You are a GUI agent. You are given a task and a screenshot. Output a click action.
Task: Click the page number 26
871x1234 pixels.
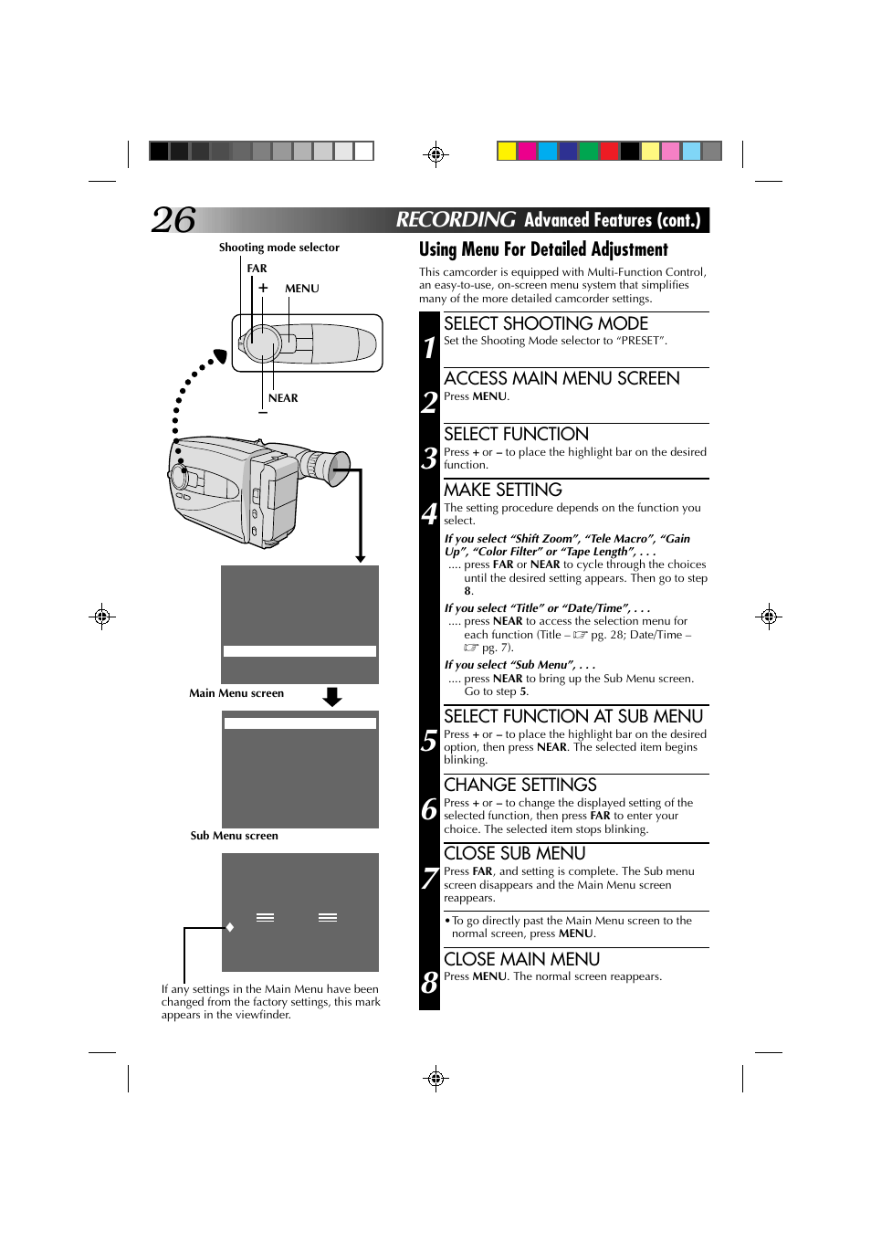coord(173,220)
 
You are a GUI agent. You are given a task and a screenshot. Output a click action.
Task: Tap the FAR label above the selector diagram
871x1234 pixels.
coord(257,269)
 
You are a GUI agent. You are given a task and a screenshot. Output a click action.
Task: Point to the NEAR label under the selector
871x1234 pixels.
coord(283,398)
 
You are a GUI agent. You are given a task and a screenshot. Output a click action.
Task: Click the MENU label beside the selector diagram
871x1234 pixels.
coord(302,289)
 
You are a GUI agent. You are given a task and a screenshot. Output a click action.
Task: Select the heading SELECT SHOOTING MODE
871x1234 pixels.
coord(545,323)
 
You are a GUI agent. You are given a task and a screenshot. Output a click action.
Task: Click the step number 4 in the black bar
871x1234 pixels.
coord(429,514)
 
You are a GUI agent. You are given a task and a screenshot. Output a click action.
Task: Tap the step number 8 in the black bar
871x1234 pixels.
coord(429,983)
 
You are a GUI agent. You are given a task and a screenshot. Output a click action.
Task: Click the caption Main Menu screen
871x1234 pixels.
coord(236,693)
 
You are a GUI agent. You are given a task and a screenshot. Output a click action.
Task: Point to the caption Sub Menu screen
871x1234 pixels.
coord(234,836)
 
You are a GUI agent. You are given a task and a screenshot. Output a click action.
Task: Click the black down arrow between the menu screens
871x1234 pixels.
coord(332,697)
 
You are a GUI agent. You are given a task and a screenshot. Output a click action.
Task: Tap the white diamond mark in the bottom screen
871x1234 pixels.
coord(230,927)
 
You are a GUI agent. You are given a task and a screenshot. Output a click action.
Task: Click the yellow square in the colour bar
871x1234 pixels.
coord(507,151)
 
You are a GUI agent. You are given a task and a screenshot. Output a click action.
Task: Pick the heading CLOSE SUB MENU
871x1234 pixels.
coord(514,853)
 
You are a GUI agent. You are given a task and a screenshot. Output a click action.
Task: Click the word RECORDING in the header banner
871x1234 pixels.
coord(456,220)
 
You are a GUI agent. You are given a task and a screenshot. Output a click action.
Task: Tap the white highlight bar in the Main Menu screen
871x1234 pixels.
coord(299,651)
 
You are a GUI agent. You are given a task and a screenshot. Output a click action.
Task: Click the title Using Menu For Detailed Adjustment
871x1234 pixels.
coord(543,249)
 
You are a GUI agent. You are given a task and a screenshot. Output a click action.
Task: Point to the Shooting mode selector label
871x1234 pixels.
coord(278,248)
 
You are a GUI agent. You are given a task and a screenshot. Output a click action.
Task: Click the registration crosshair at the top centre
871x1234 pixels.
coord(435,154)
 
